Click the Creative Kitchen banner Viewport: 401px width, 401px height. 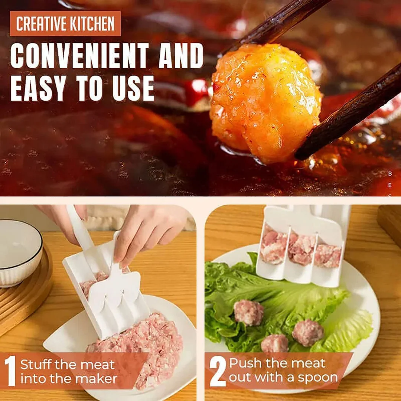click(65, 24)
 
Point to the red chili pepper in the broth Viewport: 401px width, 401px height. click(196, 91)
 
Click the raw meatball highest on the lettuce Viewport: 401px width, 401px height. click(248, 313)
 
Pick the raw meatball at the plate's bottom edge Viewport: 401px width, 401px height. click(274, 343)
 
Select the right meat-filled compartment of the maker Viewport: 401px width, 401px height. click(327, 255)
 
